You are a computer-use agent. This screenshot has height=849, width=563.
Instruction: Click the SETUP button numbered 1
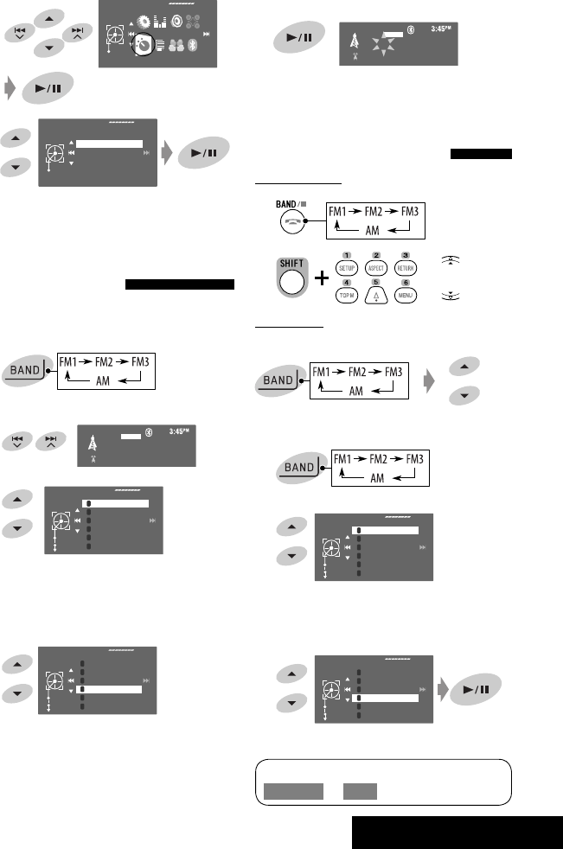[x=349, y=268]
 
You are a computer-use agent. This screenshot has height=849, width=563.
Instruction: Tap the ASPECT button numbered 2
[x=376, y=268]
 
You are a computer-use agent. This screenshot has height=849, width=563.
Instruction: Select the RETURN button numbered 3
[x=405, y=268]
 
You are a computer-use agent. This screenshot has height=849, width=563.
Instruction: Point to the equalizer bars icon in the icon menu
[x=163, y=20]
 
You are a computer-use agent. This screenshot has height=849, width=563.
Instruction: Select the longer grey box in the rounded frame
[x=294, y=791]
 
